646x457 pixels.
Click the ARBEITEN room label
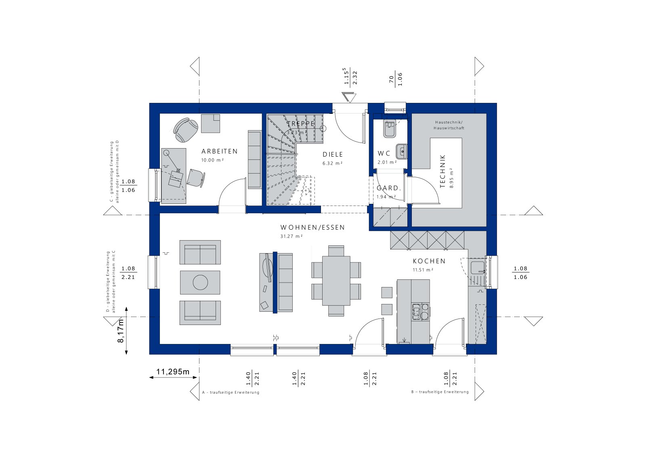pyautogui.click(x=220, y=151)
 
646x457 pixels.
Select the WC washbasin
pyautogui.click(x=401, y=151)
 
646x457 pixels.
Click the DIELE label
pyautogui.click(x=333, y=155)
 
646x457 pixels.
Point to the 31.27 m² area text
pyautogui.click(x=292, y=237)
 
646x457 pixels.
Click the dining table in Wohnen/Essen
pyautogui.click(x=336, y=280)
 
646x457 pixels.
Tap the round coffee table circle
pyautogui.click(x=200, y=282)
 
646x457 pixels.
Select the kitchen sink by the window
pyautogui.click(x=477, y=268)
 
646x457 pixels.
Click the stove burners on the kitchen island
pyautogui.click(x=421, y=312)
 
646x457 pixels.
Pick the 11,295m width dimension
pyautogui.click(x=173, y=372)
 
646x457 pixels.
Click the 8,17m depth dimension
pyautogui.click(x=121, y=331)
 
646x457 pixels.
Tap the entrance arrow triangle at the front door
pyautogui.click(x=348, y=97)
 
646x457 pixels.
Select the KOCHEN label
pyautogui.click(x=429, y=261)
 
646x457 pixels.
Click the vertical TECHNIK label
pyautogui.click(x=443, y=171)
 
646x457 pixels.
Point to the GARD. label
pyautogui.click(x=389, y=188)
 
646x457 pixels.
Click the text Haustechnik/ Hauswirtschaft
pyautogui.click(x=449, y=125)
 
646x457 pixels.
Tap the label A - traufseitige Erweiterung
pyautogui.click(x=231, y=392)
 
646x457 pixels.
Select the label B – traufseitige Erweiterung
pyautogui.click(x=440, y=392)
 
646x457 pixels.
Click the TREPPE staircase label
pyautogui.click(x=301, y=124)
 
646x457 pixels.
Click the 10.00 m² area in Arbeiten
pyautogui.click(x=212, y=160)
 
